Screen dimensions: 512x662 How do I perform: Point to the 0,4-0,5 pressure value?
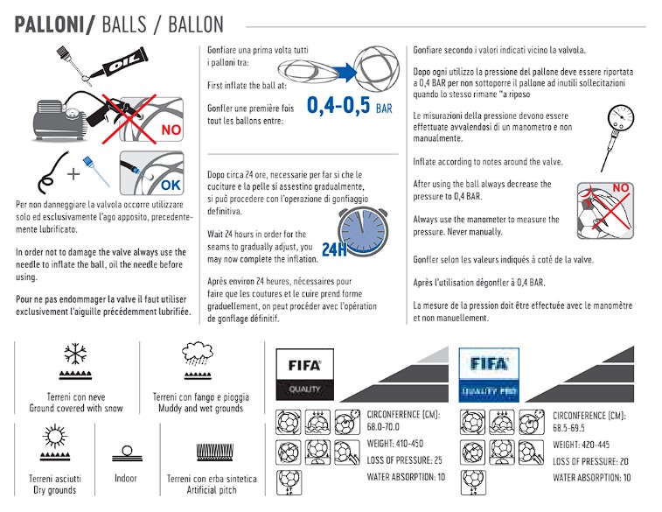tap(338, 106)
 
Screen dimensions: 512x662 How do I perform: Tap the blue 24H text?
tap(334, 250)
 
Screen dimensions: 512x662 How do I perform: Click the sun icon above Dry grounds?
tap(48, 437)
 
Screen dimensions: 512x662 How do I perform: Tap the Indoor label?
tap(126, 479)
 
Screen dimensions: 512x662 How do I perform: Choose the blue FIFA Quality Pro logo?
tap(489, 372)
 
